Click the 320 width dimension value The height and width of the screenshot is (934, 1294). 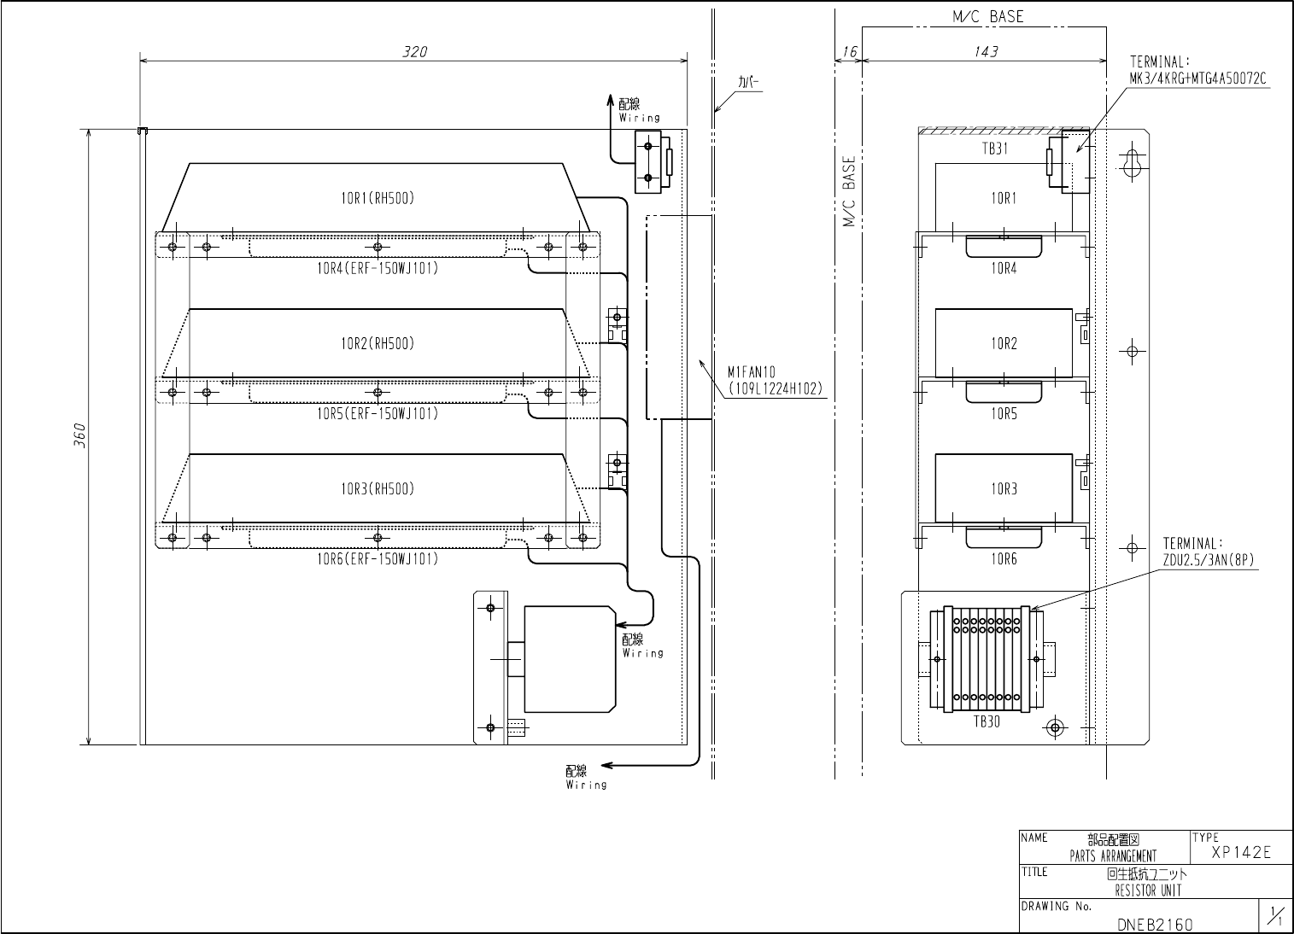tap(415, 51)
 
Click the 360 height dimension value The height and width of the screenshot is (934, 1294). tap(79, 435)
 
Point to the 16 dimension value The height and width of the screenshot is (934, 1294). tap(848, 51)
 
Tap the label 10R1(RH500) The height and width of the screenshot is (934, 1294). tap(377, 198)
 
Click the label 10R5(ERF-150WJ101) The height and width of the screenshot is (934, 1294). tap(377, 414)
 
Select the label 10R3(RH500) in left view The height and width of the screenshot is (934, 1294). tap(377, 489)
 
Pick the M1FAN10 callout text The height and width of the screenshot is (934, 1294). tap(751, 371)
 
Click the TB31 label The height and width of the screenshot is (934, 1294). tap(994, 148)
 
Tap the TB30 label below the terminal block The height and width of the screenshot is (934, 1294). tap(987, 721)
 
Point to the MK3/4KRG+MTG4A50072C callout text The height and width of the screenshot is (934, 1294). tap(1197, 78)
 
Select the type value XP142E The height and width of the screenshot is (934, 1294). tap(1241, 853)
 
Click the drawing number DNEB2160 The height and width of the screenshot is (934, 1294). tap(1155, 924)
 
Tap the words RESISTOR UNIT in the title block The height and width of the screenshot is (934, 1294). tap(1147, 890)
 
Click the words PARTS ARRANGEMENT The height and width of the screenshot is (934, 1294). tap(1113, 855)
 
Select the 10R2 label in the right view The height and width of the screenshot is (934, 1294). tap(1004, 344)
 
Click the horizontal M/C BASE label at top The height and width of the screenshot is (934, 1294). tap(987, 16)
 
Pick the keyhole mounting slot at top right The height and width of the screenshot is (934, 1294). tap(1133, 165)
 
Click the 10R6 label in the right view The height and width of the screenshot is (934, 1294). tap(1004, 559)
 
